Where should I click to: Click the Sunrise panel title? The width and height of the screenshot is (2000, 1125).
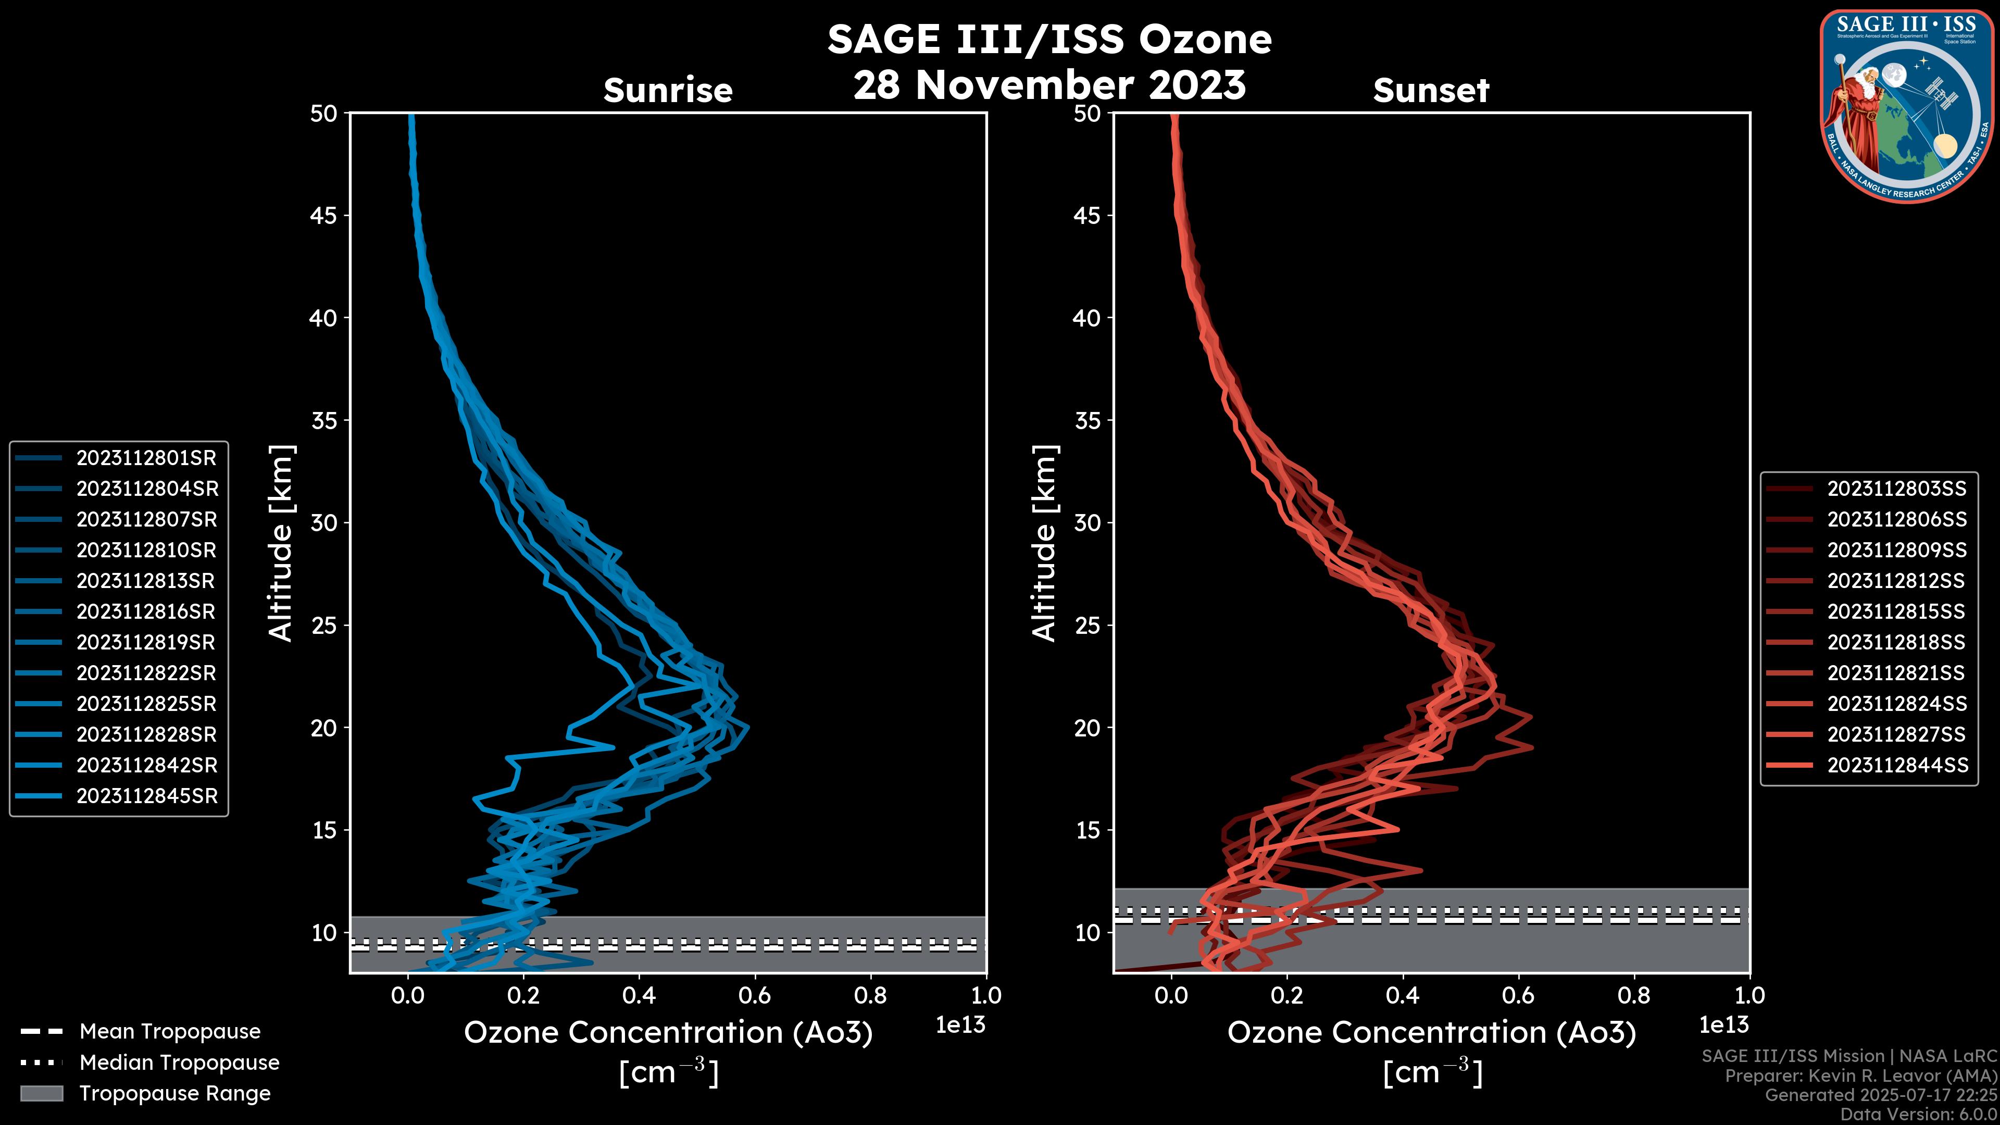(668, 91)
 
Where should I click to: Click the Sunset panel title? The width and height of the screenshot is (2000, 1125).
(1431, 91)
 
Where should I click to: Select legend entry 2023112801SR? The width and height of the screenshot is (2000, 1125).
(146, 458)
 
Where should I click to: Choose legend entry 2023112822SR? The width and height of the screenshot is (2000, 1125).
(146, 673)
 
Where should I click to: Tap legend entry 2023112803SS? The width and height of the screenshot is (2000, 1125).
(1896, 489)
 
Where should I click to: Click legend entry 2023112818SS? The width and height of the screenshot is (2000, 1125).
(1896, 642)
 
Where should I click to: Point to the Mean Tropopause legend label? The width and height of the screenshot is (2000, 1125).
(170, 1031)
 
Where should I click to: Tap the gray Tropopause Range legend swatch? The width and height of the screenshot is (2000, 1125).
(41, 1093)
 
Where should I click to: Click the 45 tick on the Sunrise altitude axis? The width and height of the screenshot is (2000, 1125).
(324, 216)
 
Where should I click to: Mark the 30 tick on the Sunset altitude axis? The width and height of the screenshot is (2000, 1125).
(1087, 522)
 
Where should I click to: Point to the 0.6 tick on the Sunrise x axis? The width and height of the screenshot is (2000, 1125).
(755, 995)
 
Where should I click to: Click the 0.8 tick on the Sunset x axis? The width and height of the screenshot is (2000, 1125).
(1633, 995)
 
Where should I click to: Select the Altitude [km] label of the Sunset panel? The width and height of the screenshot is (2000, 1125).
(1044, 543)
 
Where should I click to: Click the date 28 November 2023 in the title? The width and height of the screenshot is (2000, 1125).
(1049, 85)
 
